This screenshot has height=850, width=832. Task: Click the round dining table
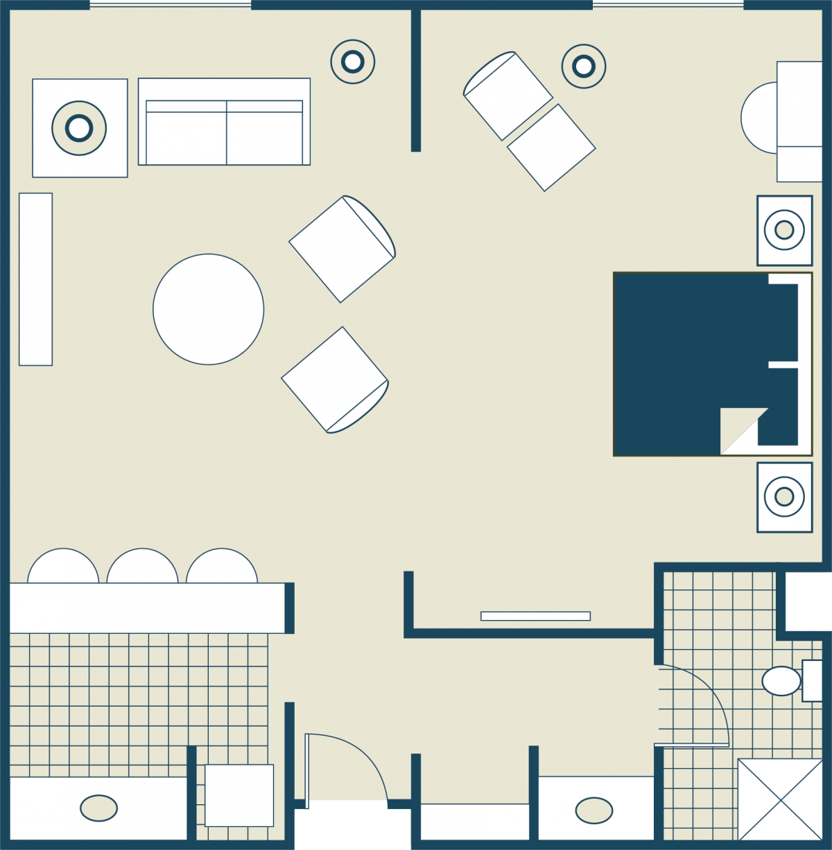pos(208,309)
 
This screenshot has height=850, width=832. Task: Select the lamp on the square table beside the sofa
pos(79,127)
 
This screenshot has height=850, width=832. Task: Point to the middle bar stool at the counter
pos(142,567)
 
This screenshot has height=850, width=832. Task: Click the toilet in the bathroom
pos(781,681)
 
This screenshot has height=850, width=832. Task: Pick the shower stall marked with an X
pos(780,799)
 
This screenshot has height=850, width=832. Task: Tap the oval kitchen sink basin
pos(98,808)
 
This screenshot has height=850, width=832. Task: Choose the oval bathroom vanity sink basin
pos(594,810)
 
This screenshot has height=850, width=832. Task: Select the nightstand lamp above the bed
pos(784,230)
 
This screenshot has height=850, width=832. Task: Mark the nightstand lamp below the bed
pos(784,497)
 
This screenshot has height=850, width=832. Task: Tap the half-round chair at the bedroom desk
pos(759,118)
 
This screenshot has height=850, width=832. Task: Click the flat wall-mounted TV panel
pos(535,616)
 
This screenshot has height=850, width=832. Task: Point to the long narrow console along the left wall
pos(35,278)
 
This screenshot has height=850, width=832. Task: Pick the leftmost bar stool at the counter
pos(63,567)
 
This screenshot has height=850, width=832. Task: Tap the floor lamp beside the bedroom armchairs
pos(584,67)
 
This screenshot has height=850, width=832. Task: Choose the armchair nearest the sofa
pos(342,249)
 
